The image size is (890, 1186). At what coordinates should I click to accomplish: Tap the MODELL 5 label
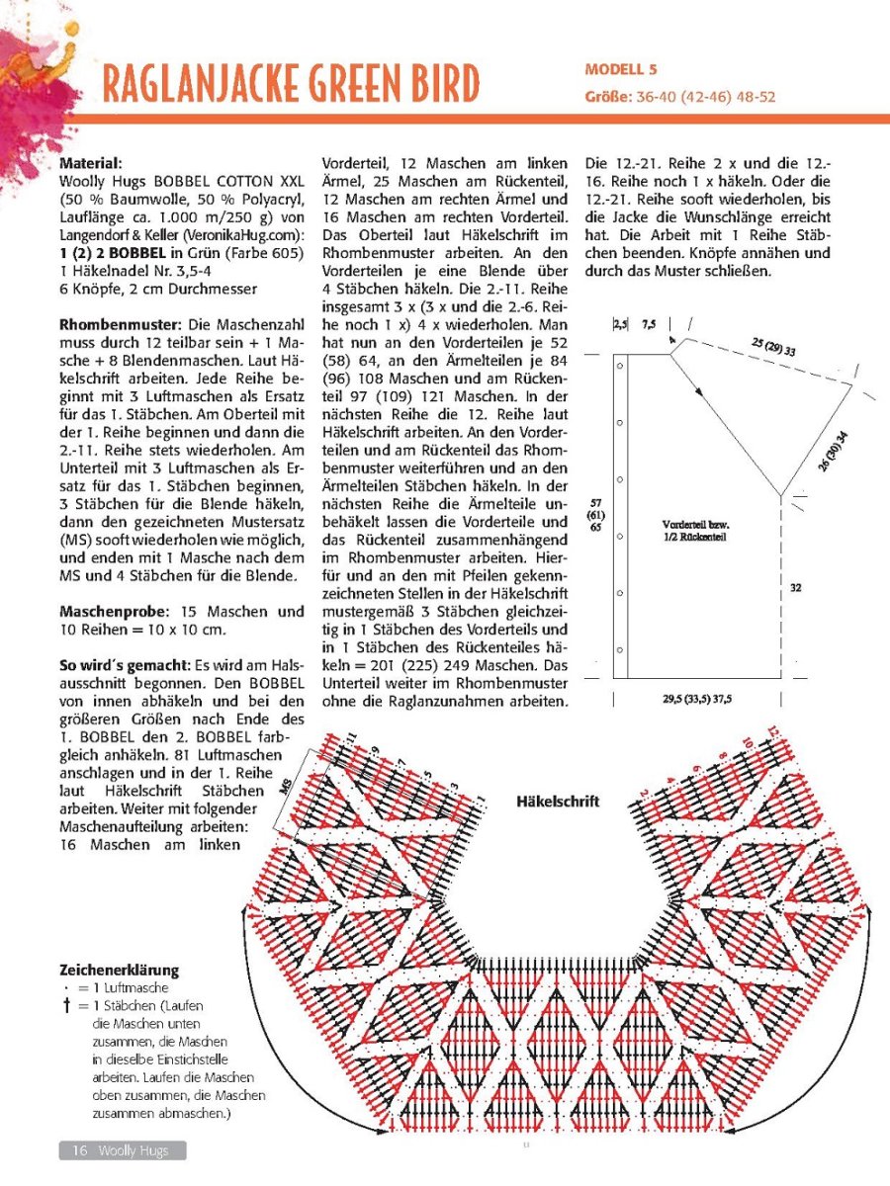click(x=621, y=69)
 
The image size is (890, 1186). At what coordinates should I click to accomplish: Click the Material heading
click(x=90, y=162)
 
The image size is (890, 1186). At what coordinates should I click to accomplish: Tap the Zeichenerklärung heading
click(x=120, y=971)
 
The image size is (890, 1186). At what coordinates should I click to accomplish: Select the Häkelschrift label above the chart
click(x=558, y=801)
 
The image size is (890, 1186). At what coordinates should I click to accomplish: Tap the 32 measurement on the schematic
click(x=795, y=588)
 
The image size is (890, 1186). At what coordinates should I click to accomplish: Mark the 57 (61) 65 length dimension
click(x=595, y=515)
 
